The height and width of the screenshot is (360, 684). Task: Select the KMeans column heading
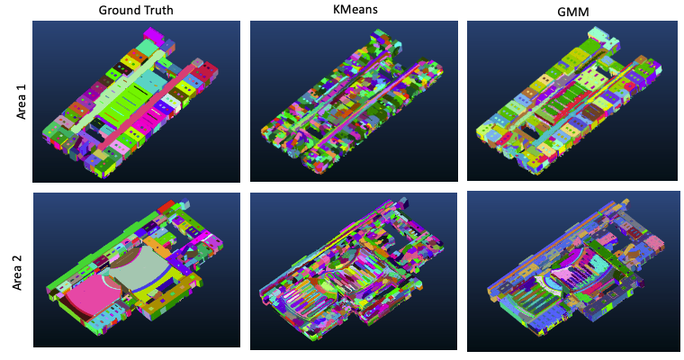click(x=355, y=9)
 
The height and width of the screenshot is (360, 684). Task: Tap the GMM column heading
click(x=573, y=12)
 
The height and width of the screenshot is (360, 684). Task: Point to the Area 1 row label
click(x=22, y=102)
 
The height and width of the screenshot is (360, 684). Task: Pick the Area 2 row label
click(x=17, y=273)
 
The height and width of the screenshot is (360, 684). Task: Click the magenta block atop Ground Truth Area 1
click(x=153, y=34)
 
